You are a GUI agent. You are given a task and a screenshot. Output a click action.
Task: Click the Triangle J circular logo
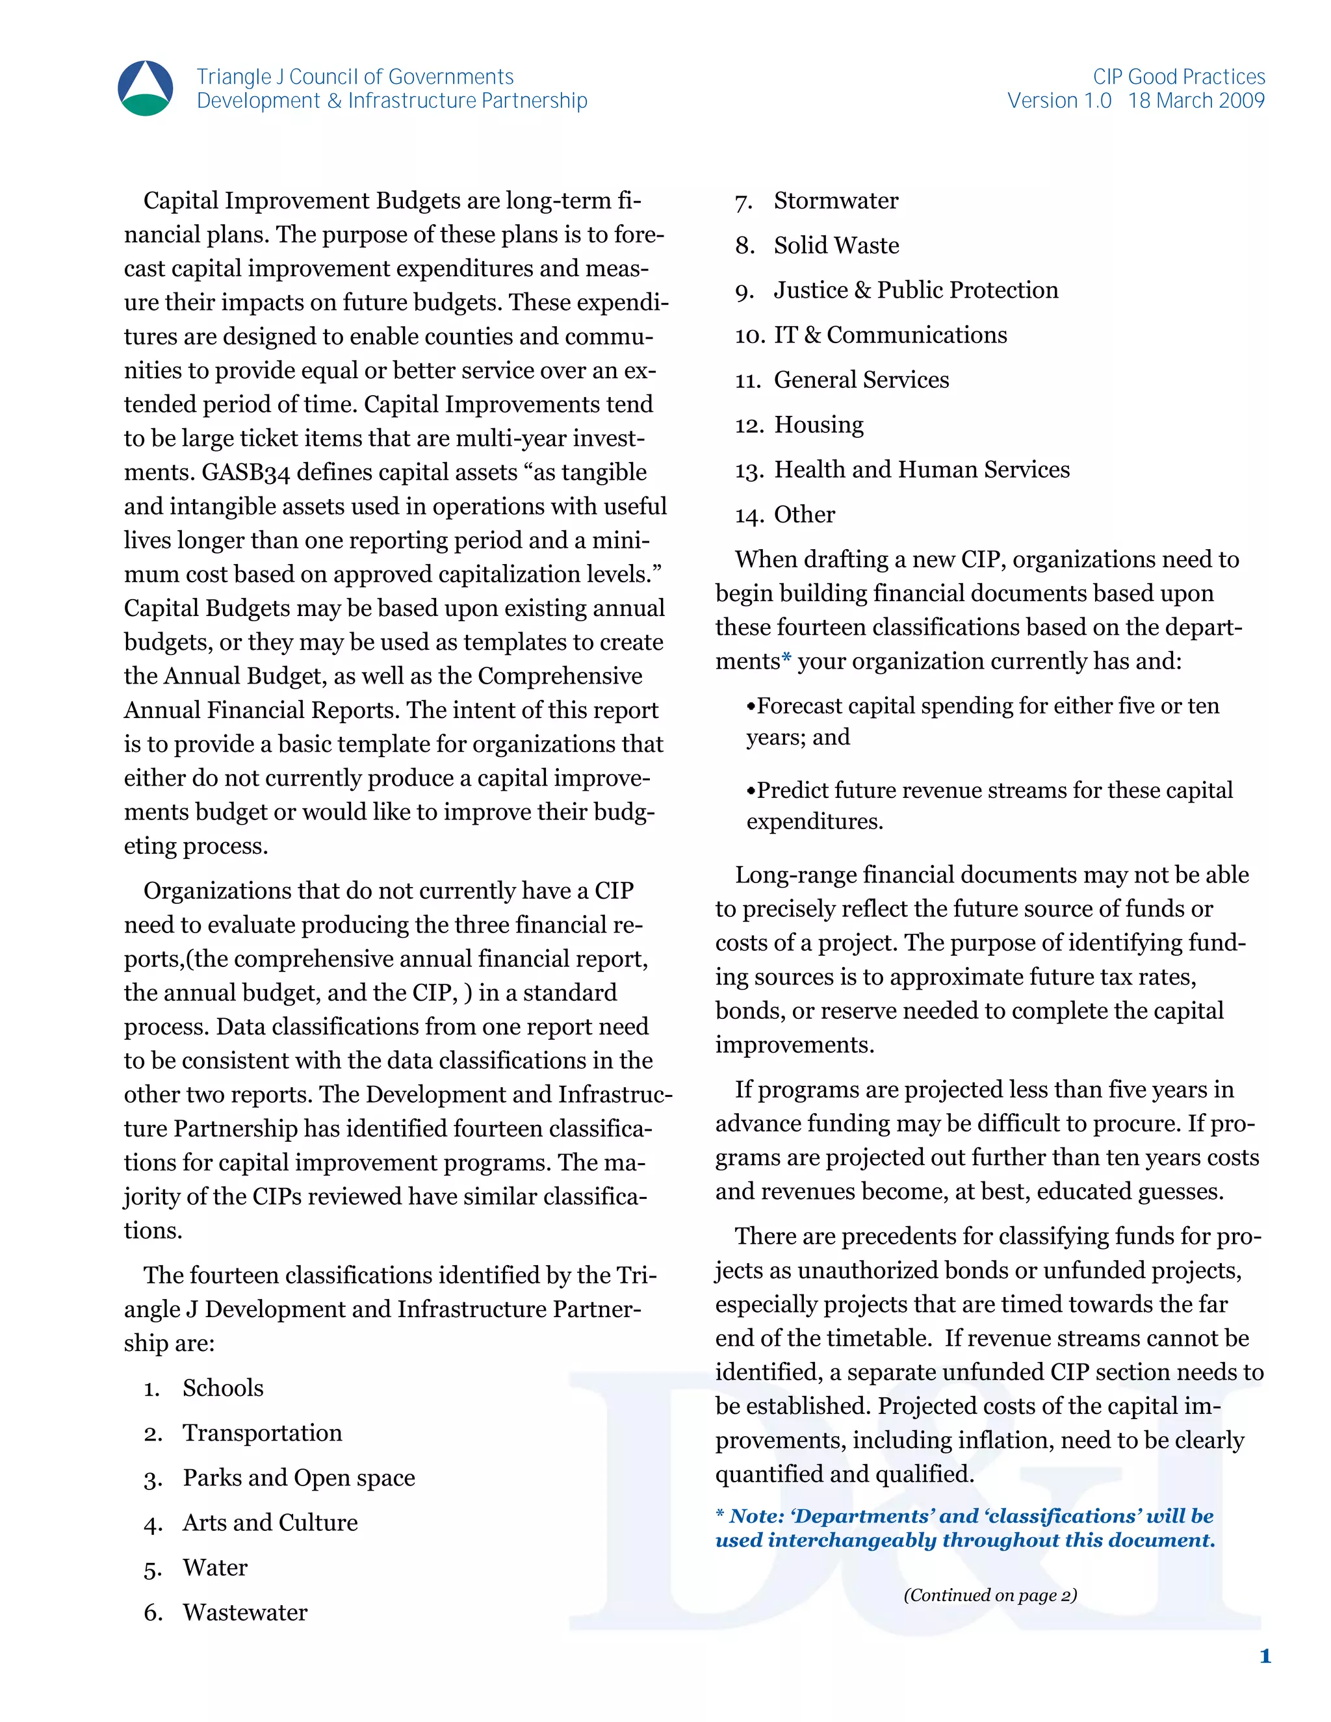point(145,88)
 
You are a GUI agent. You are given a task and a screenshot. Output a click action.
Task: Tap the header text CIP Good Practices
point(1178,77)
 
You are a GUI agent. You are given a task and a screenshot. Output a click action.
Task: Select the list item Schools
point(223,1388)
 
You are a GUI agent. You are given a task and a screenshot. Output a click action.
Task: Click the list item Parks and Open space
point(299,1478)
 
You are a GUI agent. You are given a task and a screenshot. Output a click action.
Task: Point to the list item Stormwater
point(836,201)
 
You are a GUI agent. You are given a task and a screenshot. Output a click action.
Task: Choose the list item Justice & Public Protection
point(916,290)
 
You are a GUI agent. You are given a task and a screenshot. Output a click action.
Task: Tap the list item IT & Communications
point(890,335)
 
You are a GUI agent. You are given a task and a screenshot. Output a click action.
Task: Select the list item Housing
point(818,425)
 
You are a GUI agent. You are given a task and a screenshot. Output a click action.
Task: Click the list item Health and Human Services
point(922,470)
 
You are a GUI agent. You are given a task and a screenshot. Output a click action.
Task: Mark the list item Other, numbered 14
point(805,515)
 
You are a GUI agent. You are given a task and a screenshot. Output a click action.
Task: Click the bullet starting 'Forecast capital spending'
point(983,706)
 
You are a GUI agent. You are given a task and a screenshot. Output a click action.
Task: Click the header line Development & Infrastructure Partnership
point(392,101)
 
